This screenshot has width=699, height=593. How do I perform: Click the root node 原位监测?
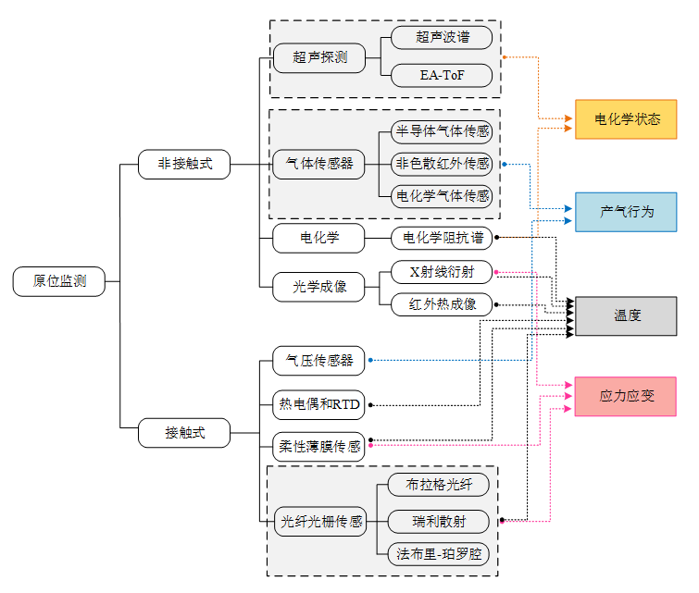tap(60, 281)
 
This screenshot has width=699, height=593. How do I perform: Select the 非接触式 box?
tap(184, 164)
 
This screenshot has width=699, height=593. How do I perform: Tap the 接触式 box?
tap(184, 432)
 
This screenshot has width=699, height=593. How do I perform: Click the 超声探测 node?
tap(319, 57)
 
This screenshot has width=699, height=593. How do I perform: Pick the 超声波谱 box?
tap(441, 38)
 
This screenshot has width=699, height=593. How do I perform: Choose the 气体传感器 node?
tap(319, 164)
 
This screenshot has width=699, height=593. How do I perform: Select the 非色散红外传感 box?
tap(441, 164)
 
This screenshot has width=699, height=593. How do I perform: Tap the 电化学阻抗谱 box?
tap(441, 238)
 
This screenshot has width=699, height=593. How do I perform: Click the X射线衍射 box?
tap(441, 272)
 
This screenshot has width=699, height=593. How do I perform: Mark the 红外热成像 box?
tap(441, 303)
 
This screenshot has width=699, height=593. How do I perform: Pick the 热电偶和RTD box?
tap(319, 403)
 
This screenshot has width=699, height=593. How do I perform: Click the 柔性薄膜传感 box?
tap(319, 446)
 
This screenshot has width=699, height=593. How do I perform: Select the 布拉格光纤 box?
tap(439, 484)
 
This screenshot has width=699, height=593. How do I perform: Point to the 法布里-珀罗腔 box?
tap(439, 554)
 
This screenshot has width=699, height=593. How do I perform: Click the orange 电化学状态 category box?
tap(626, 119)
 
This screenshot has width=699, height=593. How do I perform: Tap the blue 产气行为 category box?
tap(626, 212)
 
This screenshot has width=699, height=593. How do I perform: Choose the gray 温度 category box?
tap(626, 315)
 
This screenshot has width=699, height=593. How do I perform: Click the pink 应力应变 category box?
tap(626, 396)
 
